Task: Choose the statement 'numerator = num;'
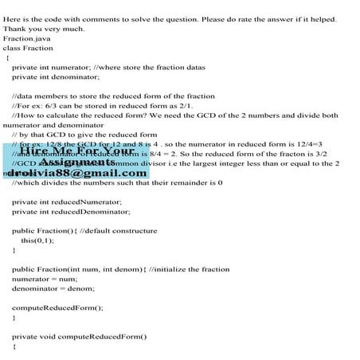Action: [x=45, y=279]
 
